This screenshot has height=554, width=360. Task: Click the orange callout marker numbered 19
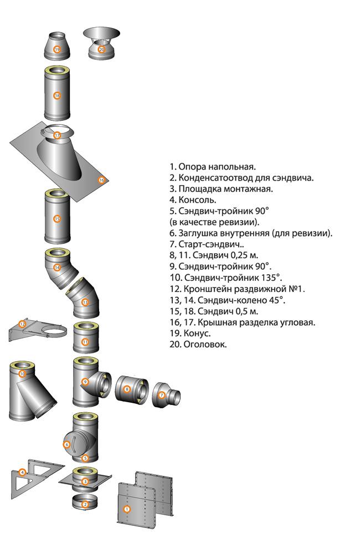click(x=57, y=49)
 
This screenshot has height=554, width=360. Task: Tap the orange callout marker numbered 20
click(x=102, y=49)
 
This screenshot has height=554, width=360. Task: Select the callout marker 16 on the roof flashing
click(x=102, y=180)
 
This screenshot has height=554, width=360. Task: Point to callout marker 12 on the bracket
click(x=22, y=324)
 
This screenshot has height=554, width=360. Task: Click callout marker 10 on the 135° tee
click(x=22, y=374)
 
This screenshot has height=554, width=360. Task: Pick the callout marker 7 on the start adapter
click(x=162, y=394)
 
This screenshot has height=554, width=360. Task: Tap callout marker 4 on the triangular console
click(x=22, y=473)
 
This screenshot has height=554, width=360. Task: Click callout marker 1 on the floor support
click(x=127, y=509)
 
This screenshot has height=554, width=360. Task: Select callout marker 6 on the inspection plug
click(x=67, y=444)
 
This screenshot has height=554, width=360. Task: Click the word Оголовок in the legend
click(x=205, y=344)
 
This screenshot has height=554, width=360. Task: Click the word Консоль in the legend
click(x=197, y=200)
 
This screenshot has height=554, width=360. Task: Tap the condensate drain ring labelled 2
click(x=85, y=502)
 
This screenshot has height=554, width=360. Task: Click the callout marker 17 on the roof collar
click(x=57, y=135)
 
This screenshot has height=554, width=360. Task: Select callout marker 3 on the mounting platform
click(x=85, y=481)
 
